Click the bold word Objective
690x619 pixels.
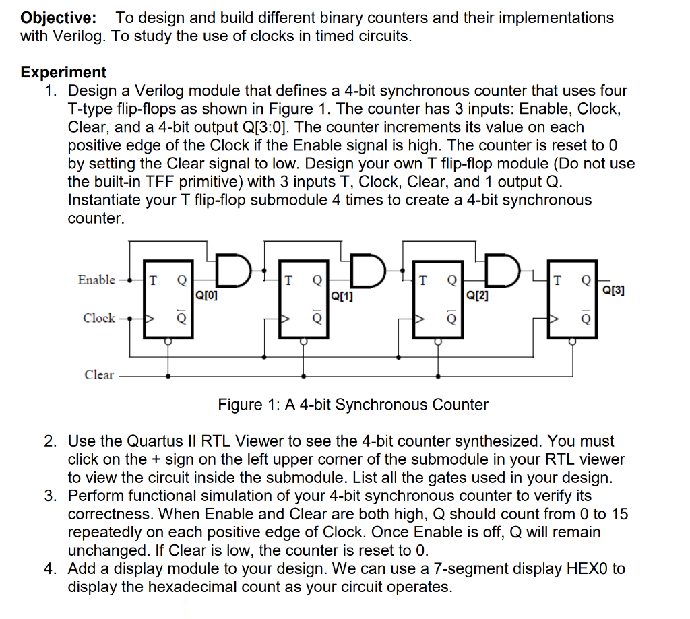[x=58, y=18]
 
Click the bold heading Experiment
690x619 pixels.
[x=63, y=72]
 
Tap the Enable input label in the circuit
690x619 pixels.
[x=96, y=280]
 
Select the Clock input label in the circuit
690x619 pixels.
[x=99, y=317]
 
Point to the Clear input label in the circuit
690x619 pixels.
[x=99, y=375]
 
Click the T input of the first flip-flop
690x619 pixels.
[x=153, y=280]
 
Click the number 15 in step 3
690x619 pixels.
[x=619, y=514]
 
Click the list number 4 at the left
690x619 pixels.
[x=51, y=568]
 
